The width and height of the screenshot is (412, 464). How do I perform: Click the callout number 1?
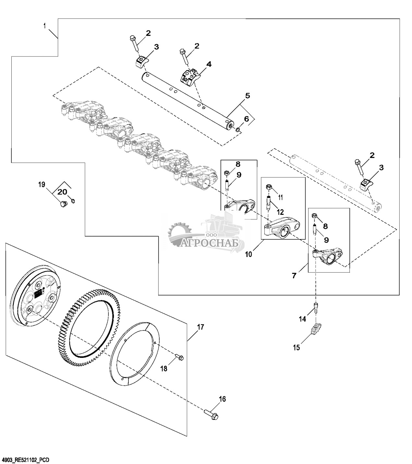click(x=45, y=26)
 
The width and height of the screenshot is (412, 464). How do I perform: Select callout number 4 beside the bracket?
click(x=209, y=64)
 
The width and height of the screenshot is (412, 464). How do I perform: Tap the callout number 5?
click(x=247, y=95)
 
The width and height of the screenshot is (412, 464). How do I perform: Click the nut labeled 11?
click(x=269, y=187)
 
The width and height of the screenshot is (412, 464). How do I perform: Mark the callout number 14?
click(x=302, y=319)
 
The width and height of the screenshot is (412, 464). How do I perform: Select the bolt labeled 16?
click(x=211, y=414)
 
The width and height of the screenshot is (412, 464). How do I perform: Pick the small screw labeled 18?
click(x=179, y=358)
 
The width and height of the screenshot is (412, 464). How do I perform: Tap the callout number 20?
click(x=62, y=192)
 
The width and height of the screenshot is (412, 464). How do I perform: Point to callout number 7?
click(x=294, y=275)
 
